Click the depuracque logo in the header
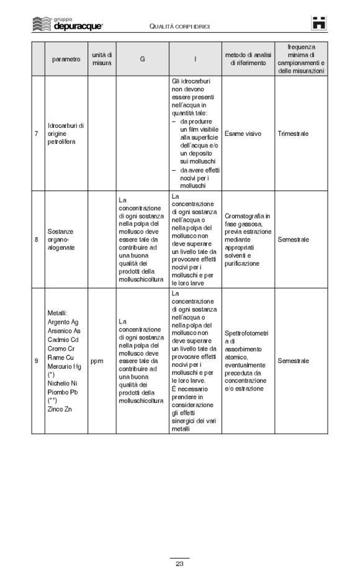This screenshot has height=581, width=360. coord(68,24)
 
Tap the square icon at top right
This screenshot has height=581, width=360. coord(319,23)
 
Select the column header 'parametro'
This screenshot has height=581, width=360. coord(66,59)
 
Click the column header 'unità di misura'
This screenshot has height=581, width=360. coord(102,59)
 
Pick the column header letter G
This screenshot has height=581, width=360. coord(142,59)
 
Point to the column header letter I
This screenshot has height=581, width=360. coord(195,59)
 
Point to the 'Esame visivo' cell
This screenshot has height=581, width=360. coord(243,133)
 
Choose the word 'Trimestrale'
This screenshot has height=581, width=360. coord(294,133)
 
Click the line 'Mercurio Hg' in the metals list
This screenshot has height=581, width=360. coord(65,366)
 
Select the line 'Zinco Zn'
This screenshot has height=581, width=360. coord(60,409)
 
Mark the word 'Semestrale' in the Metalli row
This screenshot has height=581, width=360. coord(294,361)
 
